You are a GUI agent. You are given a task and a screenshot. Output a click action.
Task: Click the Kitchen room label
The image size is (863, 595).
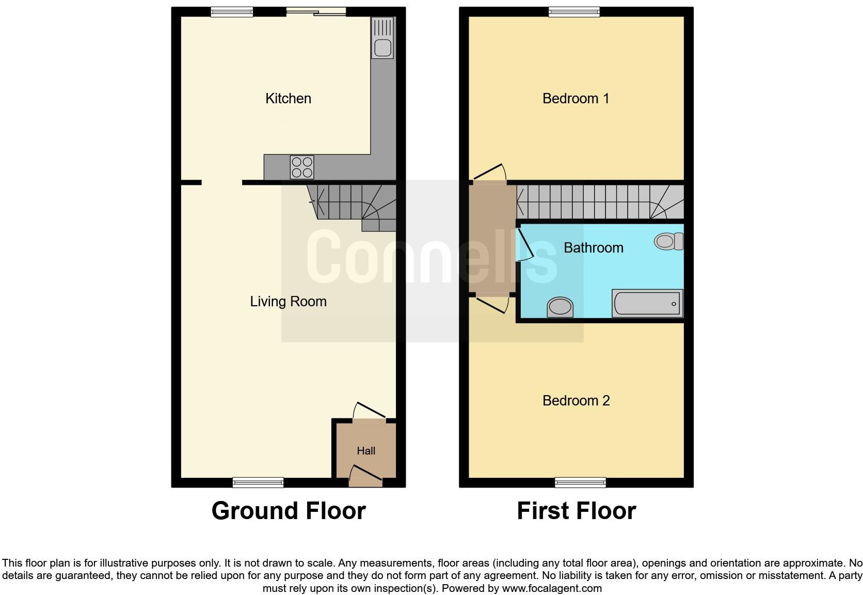coord(288,99)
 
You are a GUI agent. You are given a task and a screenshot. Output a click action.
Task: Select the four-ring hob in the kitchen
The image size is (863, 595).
coord(302,167)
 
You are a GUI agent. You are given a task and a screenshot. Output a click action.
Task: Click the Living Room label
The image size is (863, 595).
coord(288,302)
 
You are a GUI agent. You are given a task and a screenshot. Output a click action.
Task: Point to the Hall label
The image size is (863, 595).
coord(366,451)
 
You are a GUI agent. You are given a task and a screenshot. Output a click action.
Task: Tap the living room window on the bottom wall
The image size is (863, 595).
coord(258,482)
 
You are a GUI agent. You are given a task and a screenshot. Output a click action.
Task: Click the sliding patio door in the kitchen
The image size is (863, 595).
coord(316,12)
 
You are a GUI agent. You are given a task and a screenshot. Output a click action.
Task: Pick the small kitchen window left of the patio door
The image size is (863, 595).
coord(232,12)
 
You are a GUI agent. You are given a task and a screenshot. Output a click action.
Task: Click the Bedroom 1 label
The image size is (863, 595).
coord(576,99)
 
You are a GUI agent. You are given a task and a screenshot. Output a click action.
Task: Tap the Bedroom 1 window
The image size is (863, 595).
coord(574,12)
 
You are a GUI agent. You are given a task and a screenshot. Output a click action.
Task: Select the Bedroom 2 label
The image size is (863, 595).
coord(576,401)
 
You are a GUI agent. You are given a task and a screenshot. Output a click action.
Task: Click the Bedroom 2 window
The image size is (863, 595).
coord(580,482)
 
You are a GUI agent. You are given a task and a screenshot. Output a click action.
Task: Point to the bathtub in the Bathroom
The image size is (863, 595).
coord(647,303)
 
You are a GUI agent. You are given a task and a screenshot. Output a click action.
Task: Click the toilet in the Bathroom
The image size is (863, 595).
coord(668,241)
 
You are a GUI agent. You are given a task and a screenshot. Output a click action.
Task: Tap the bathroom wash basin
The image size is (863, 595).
coord(560,307)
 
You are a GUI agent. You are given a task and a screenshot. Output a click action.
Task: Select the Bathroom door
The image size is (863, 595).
coord(525,244)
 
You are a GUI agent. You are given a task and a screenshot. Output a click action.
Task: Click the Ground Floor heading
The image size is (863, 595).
coord(289,511)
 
